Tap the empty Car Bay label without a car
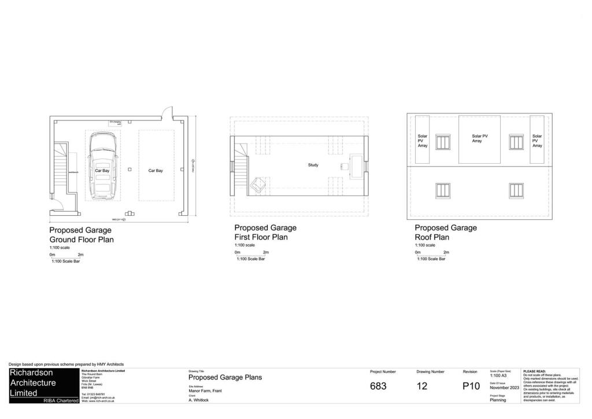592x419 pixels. (x=156, y=171)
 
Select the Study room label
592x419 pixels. (x=313, y=165)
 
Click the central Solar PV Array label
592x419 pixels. (x=476, y=138)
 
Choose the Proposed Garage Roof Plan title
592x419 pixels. (x=446, y=232)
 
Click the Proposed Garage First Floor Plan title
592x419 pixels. (x=265, y=232)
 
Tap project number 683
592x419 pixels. (x=378, y=386)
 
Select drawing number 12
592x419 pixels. (x=422, y=386)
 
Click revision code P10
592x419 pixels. (x=471, y=386)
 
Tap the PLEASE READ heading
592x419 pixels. (x=534, y=372)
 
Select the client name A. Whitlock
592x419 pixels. (x=199, y=400)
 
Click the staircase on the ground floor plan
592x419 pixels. (x=62, y=167)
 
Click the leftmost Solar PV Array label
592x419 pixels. (x=423, y=141)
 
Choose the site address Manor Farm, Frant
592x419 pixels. (x=205, y=391)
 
